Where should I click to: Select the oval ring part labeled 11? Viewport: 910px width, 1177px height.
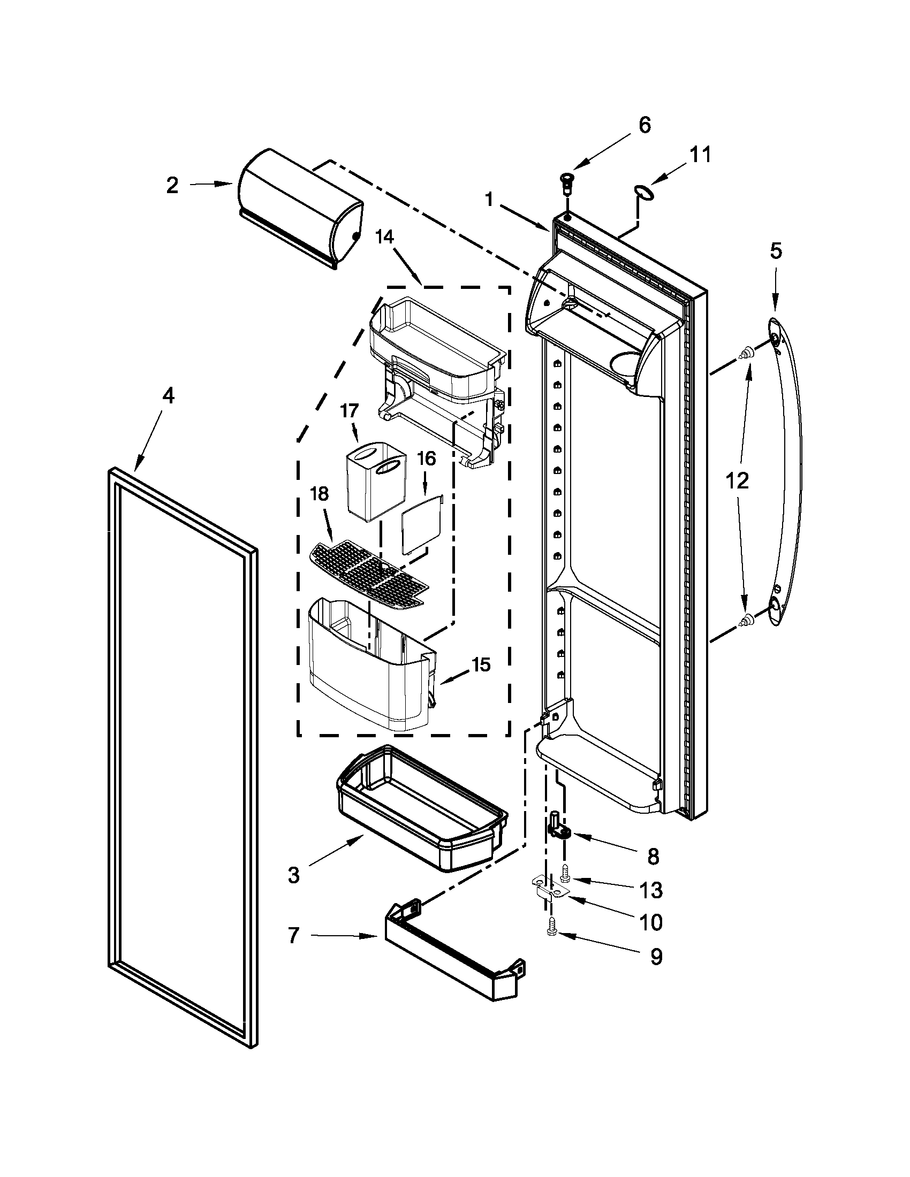[x=643, y=192]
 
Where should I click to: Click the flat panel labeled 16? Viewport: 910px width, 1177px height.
[x=423, y=525]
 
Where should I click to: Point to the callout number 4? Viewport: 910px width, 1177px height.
[x=168, y=396]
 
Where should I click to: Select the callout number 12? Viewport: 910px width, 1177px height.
[x=737, y=480]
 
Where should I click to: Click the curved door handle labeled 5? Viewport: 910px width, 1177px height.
[x=788, y=474]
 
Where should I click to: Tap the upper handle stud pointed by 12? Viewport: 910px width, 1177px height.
[x=747, y=353]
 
